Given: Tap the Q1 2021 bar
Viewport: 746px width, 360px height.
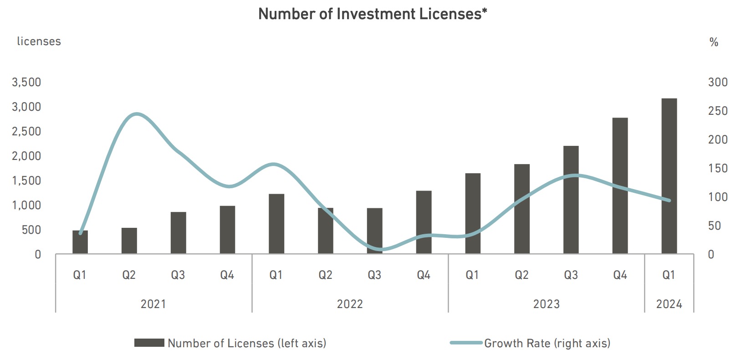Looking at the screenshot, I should [x=80, y=242].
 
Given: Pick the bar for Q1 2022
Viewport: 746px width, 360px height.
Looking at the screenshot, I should [x=276, y=224].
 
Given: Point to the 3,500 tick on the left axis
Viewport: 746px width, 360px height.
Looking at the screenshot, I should [x=26, y=82].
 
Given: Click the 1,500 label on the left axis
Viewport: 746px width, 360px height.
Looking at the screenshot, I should [x=26, y=181].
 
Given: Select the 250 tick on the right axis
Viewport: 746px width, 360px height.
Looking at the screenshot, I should [x=718, y=111].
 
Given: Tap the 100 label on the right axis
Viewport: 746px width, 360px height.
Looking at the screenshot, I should [x=718, y=197].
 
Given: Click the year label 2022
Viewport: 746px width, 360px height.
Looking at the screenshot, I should [x=350, y=304].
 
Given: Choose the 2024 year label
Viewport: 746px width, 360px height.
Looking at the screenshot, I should [x=669, y=304].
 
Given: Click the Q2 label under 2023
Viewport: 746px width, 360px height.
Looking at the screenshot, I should [x=521, y=275].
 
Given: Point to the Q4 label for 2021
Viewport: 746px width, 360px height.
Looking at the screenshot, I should [x=227, y=275].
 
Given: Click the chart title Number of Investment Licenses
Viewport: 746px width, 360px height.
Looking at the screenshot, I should [x=373, y=14].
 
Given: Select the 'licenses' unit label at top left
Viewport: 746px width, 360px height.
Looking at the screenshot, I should [x=39, y=41].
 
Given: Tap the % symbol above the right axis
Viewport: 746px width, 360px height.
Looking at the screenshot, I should [x=714, y=42].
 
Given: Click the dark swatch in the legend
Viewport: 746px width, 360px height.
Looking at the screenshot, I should [x=149, y=343].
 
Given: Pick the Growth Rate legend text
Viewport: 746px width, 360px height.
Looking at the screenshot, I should [x=547, y=343].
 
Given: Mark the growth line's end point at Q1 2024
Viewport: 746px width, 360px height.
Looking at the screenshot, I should [x=669, y=200].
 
